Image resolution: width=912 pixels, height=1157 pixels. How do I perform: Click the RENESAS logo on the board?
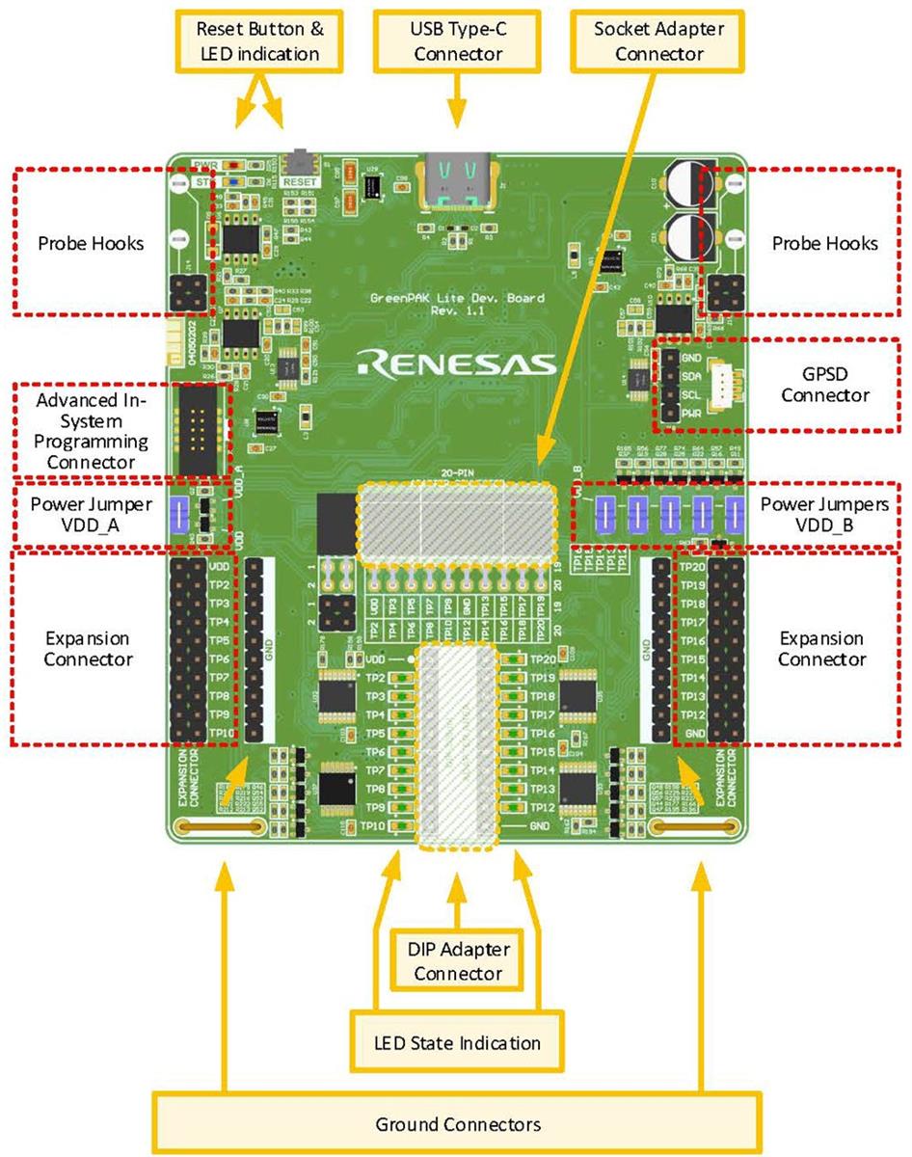tap(456, 363)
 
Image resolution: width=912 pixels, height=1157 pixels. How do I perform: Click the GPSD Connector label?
tap(824, 384)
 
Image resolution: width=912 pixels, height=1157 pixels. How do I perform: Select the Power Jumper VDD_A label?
tap(91, 515)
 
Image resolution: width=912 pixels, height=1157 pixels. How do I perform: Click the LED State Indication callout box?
tap(457, 1042)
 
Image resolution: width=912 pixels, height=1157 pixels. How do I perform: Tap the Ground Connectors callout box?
tap(457, 1124)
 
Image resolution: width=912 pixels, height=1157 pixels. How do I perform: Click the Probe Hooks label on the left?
tap(91, 243)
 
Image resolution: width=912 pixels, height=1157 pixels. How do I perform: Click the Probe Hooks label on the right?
tap(824, 243)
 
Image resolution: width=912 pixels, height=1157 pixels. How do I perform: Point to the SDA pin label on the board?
tap(690, 376)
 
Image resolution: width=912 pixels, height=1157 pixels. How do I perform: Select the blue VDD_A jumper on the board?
tap(178, 514)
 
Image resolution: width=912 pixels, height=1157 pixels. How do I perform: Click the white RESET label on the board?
tap(300, 180)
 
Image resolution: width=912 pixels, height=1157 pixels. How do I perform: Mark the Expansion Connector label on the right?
tap(822, 649)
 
